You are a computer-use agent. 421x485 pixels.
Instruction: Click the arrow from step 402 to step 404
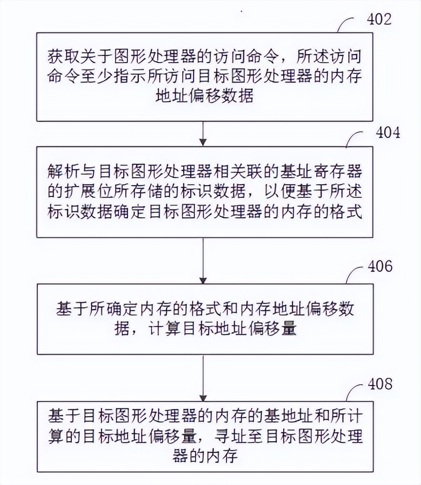204,133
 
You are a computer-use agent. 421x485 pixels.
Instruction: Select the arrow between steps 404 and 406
204,260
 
